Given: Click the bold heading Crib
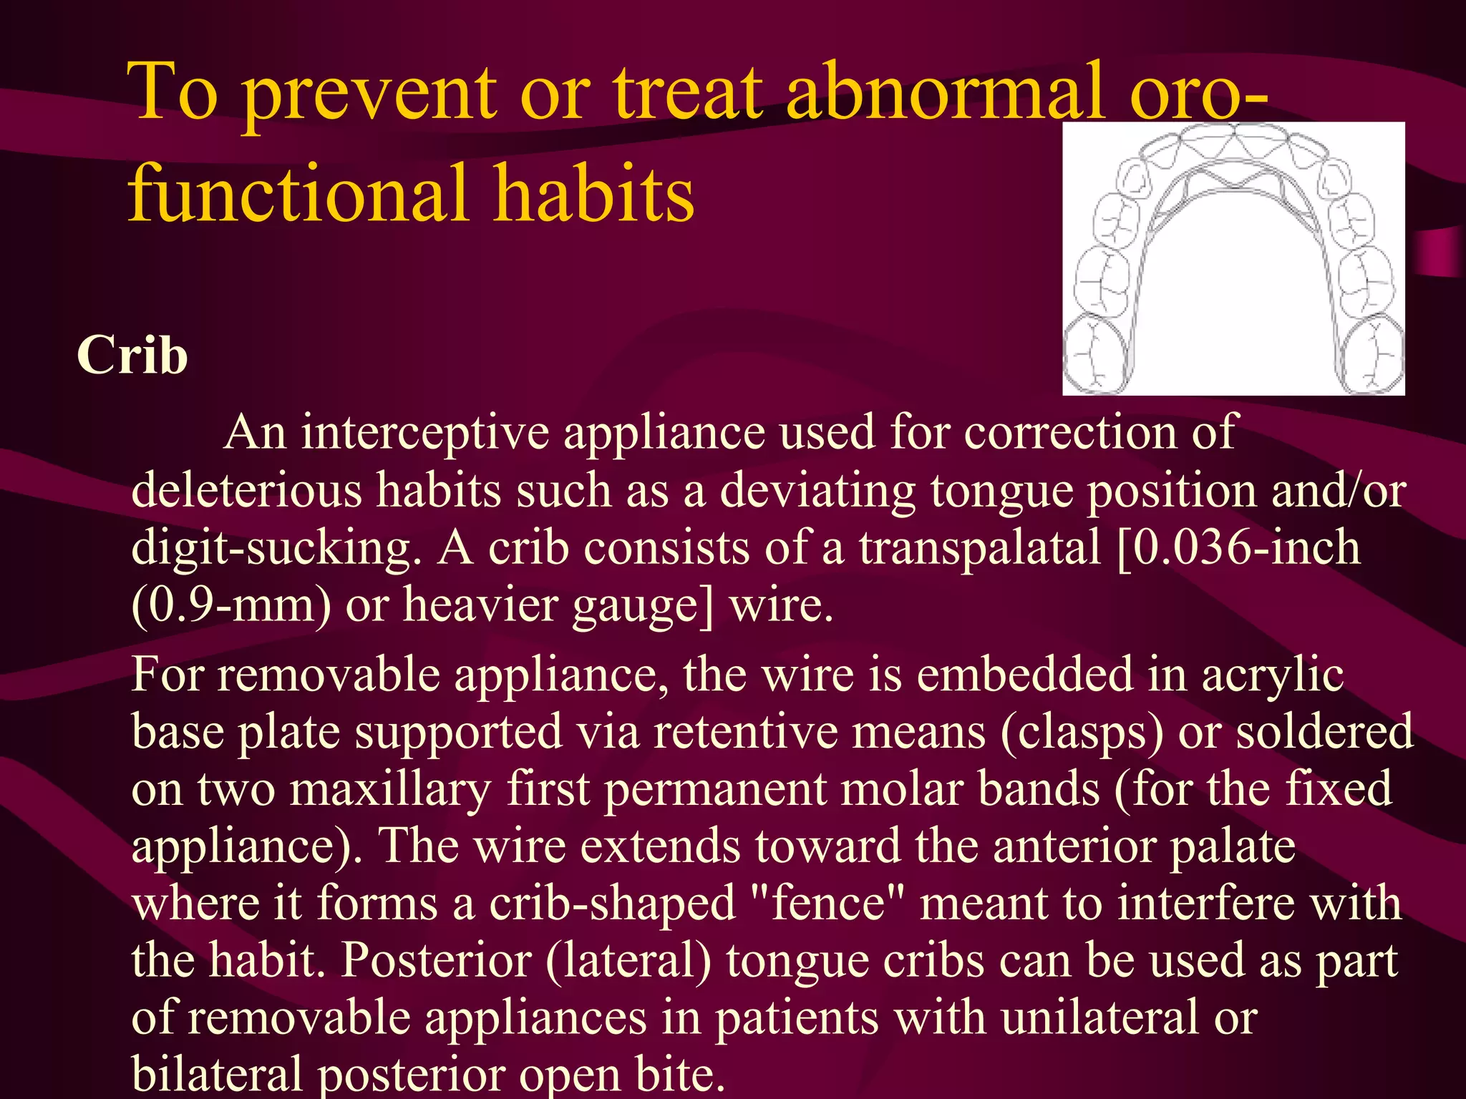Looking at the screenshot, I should [132, 356].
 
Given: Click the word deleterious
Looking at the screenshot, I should [246, 491].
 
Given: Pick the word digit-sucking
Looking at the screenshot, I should [276, 549].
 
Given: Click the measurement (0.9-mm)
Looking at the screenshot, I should [231, 605].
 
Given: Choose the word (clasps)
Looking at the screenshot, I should [1081, 733].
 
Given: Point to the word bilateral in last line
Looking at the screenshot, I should [217, 1073].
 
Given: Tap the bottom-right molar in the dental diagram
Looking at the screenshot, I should [1371, 354].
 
